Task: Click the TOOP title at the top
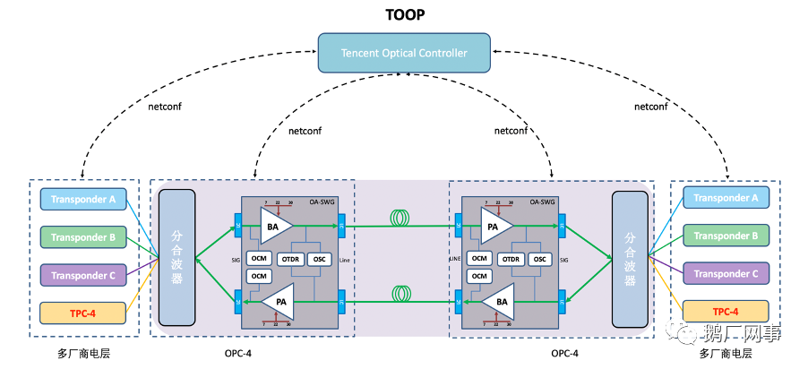[404, 15]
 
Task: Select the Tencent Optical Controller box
[404, 53]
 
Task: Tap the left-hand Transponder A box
[82, 199]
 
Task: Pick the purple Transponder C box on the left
[82, 275]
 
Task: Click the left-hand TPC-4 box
[82, 313]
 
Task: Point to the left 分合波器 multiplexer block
[176, 257]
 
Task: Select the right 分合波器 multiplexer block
[630, 258]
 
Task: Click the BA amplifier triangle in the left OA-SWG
[274, 227]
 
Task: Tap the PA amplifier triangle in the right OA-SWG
[494, 227]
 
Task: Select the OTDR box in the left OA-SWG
[290, 259]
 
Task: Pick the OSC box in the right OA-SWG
[539, 259]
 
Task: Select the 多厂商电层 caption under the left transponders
[82, 353]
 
